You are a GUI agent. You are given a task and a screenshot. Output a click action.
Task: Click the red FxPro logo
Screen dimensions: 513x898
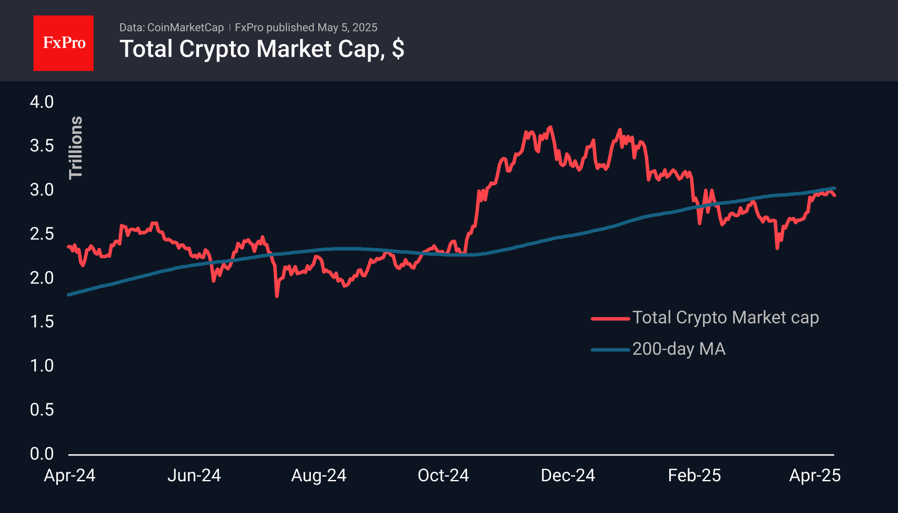[64, 43]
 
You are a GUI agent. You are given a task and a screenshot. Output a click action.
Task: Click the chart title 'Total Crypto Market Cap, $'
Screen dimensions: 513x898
[261, 49]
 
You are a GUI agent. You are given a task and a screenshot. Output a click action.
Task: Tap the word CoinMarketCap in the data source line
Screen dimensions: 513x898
[185, 27]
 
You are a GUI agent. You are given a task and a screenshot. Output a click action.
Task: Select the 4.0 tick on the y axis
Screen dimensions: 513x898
[42, 102]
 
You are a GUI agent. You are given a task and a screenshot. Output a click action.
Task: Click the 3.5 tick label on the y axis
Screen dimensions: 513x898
[42, 146]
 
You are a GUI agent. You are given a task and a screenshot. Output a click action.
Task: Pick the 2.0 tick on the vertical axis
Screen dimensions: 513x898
[42, 278]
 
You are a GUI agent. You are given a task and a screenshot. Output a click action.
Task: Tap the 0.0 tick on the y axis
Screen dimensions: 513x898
[42, 454]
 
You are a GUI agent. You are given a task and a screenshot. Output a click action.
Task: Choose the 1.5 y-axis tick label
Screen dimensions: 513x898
[42, 322]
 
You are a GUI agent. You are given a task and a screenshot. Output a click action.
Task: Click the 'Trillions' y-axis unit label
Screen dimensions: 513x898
[76, 148]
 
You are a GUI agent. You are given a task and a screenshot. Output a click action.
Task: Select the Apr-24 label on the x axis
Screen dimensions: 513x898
[70, 476]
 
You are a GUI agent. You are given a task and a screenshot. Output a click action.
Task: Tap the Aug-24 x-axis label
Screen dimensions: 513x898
[319, 476]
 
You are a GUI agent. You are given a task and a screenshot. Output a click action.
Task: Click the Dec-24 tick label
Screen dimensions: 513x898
[568, 476]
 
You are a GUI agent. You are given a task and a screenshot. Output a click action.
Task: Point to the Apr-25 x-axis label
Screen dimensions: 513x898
[815, 476]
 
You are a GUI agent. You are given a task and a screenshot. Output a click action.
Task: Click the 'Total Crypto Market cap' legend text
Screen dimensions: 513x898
[725, 318]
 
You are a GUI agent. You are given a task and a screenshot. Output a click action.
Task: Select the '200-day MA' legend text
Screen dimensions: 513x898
[679, 349]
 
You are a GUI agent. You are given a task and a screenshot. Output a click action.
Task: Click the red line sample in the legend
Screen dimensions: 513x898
[610, 319]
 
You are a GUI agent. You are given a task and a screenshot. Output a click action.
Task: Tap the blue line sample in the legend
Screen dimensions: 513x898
[610, 350]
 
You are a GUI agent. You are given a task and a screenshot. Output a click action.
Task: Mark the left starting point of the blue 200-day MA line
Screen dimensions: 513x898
[69, 295]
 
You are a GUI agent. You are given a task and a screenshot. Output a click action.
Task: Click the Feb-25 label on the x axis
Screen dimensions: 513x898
[694, 476]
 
